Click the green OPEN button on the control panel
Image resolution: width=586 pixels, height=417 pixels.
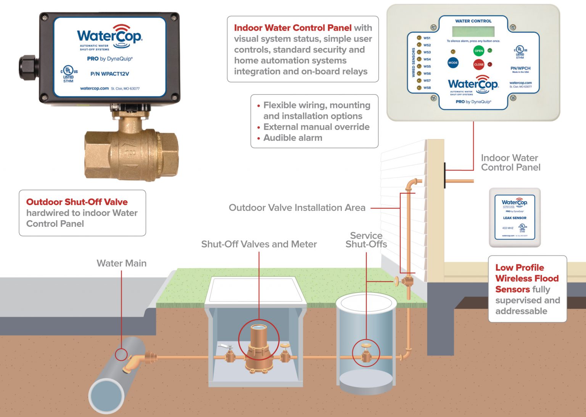point(478,51)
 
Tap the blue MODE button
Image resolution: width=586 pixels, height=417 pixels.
point(453,63)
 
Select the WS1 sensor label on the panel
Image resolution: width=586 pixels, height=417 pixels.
point(427,38)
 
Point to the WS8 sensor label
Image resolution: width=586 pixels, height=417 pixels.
point(427,88)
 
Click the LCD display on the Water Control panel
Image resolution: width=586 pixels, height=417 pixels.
point(473,31)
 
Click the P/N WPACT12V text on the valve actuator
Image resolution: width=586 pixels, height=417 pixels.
point(109,74)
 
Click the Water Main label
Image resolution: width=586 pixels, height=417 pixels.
point(121,263)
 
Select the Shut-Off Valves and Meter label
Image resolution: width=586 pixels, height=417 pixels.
point(259,244)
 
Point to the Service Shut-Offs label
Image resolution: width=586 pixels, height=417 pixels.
point(366,240)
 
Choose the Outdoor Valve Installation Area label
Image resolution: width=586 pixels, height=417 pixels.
point(297,208)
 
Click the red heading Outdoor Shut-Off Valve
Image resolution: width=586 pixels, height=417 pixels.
point(77,202)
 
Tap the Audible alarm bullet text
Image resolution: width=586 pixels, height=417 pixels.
point(293,138)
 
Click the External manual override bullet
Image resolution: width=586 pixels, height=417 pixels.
point(316,127)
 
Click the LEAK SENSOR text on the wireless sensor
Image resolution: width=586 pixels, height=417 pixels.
point(515,218)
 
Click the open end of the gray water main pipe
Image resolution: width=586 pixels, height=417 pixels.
point(106,395)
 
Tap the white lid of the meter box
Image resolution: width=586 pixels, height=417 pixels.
point(255,290)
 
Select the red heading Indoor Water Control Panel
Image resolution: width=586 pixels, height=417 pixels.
point(293,28)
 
